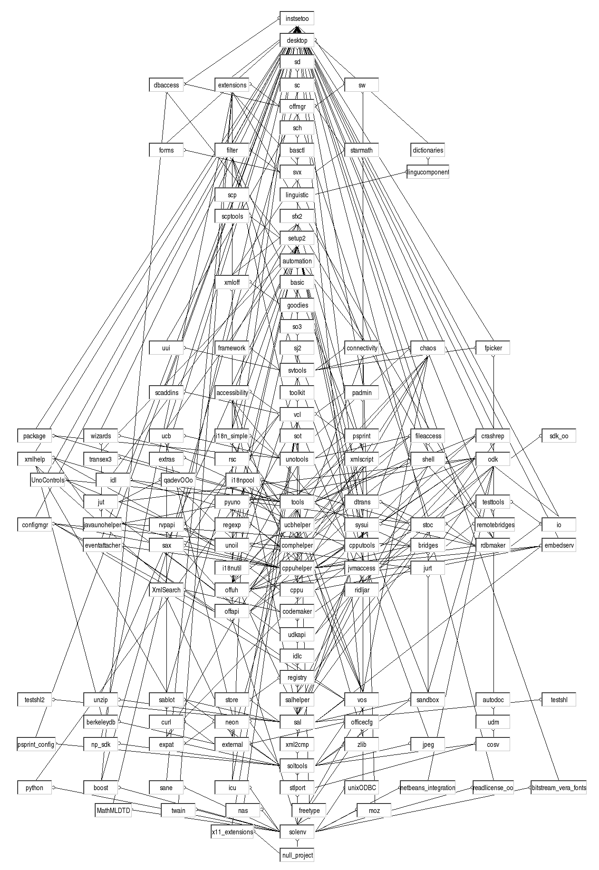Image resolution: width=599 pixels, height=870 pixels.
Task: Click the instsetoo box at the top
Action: pyautogui.click(x=297, y=19)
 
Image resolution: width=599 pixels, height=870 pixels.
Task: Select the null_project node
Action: pyautogui.click(x=297, y=855)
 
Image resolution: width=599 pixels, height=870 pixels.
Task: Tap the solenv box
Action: pyautogui.click(x=297, y=832)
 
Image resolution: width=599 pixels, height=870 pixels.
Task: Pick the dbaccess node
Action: pyautogui.click(x=166, y=85)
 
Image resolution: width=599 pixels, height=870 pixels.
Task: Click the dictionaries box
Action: pyautogui.click(x=428, y=150)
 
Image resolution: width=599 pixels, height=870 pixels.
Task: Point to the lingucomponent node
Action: pyautogui.click(x=428, y=172)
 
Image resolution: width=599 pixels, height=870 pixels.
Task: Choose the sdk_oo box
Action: pyautogui.click(x=559, y=436)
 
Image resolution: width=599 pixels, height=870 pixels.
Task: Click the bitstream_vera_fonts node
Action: pyautogui.click(x=559, y=788)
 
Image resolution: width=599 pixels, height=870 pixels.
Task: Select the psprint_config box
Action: pyautogui.click(x=36, y=744)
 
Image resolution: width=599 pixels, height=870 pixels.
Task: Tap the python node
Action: pyautogui.click(x=34, y=788)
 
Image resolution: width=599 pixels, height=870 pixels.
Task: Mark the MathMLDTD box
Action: pyautogui.click(x=113, y=810)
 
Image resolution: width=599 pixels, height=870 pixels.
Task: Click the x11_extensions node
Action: pyautogui.click(x=232, y=832)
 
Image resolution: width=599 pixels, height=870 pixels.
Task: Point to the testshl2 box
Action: pyautogui.click(x=34, y=700)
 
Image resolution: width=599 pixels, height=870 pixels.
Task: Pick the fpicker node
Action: pyautogui.click(x=493, y=348)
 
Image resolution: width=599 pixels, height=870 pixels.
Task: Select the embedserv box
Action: pyautogui.click(x=559, y=546)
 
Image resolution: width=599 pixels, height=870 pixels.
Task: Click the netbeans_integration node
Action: pyautogui.click(x=428, y=788)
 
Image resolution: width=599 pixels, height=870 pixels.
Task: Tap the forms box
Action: pyautogui.click(x=166, y=150)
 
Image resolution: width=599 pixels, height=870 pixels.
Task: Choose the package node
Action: pyautogui.click(x=34, y=436)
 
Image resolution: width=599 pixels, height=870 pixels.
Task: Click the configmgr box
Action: pyautogui.click(x=34, y=525)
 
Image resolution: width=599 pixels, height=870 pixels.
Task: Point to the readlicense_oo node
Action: pyautogui.click(x=493, y=788)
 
